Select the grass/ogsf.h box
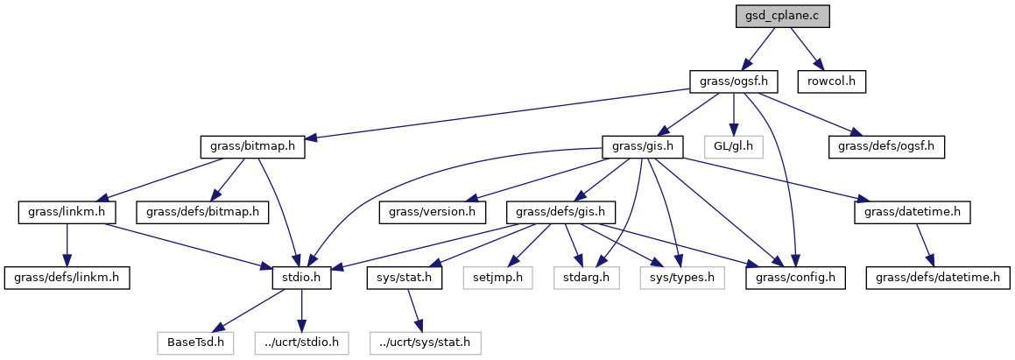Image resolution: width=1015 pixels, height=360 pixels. tap(734, 82)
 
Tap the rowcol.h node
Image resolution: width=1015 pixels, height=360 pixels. tap(831, 82)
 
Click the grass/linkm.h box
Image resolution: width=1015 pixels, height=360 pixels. tap(61, 212)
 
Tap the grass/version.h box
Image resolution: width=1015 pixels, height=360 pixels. tap(433, 212)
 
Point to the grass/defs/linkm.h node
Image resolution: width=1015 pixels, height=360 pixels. tap(67, 279)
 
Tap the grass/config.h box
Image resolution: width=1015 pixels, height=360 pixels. tap(795, 279)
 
